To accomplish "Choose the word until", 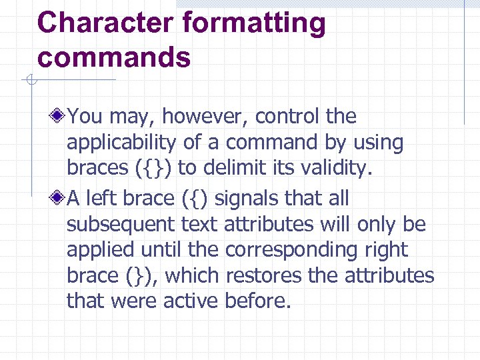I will pos(161,250).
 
